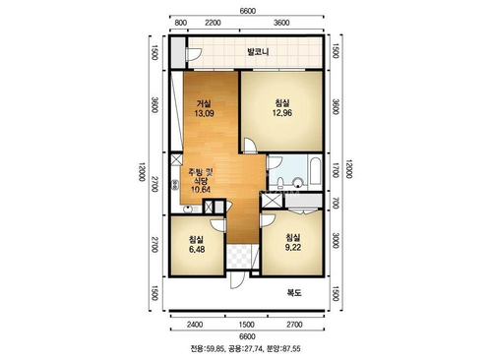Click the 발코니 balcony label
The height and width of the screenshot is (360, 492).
point(258,52)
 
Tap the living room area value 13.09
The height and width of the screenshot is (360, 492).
point(204,113)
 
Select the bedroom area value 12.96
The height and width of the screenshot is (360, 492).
point(282,113)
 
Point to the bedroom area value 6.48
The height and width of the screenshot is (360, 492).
point(197,249)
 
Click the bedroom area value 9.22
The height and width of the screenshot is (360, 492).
point(293,248)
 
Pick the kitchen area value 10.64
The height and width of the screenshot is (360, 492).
point(201,189)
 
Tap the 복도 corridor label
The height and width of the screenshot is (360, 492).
point(294,292)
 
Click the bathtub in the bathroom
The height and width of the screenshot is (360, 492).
point(315,171)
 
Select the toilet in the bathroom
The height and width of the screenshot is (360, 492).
point(280,182)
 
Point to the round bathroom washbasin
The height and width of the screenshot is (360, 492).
point(298,182)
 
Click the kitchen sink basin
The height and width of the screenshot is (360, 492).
point(188,209)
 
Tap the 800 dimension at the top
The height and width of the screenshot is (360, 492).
point(181,23)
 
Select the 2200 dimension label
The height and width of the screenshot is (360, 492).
point(213,23)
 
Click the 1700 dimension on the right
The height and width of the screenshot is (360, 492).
point(335,170)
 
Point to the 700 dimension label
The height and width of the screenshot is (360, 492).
point(335,203)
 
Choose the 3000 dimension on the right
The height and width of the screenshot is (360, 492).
point(335,240)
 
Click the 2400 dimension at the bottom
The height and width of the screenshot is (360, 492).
point(195,325)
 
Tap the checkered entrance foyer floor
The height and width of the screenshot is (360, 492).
point(239,257)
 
